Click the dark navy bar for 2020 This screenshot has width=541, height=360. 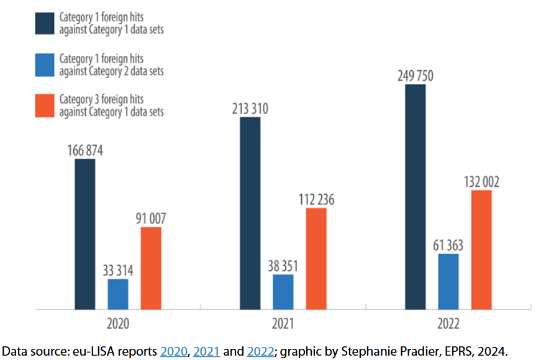pos(85,234)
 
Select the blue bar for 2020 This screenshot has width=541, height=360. pos(118,294)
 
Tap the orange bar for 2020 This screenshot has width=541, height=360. pos(151,268)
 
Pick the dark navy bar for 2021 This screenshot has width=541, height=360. pos(250,213)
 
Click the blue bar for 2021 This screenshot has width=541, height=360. pos(283,292)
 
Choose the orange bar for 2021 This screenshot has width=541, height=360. pos(316,258)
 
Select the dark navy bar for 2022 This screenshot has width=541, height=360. pos(416,197)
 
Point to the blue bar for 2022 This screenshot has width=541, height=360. pos(448,281)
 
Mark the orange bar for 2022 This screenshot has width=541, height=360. pos(481,250)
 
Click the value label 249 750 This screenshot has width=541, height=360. pos(416,76)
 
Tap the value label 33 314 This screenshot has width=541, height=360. pos(118,271)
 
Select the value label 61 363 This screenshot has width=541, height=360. pos(448,245)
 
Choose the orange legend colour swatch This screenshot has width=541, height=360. pos(45,105)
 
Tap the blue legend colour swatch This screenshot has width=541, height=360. pos(45,65)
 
